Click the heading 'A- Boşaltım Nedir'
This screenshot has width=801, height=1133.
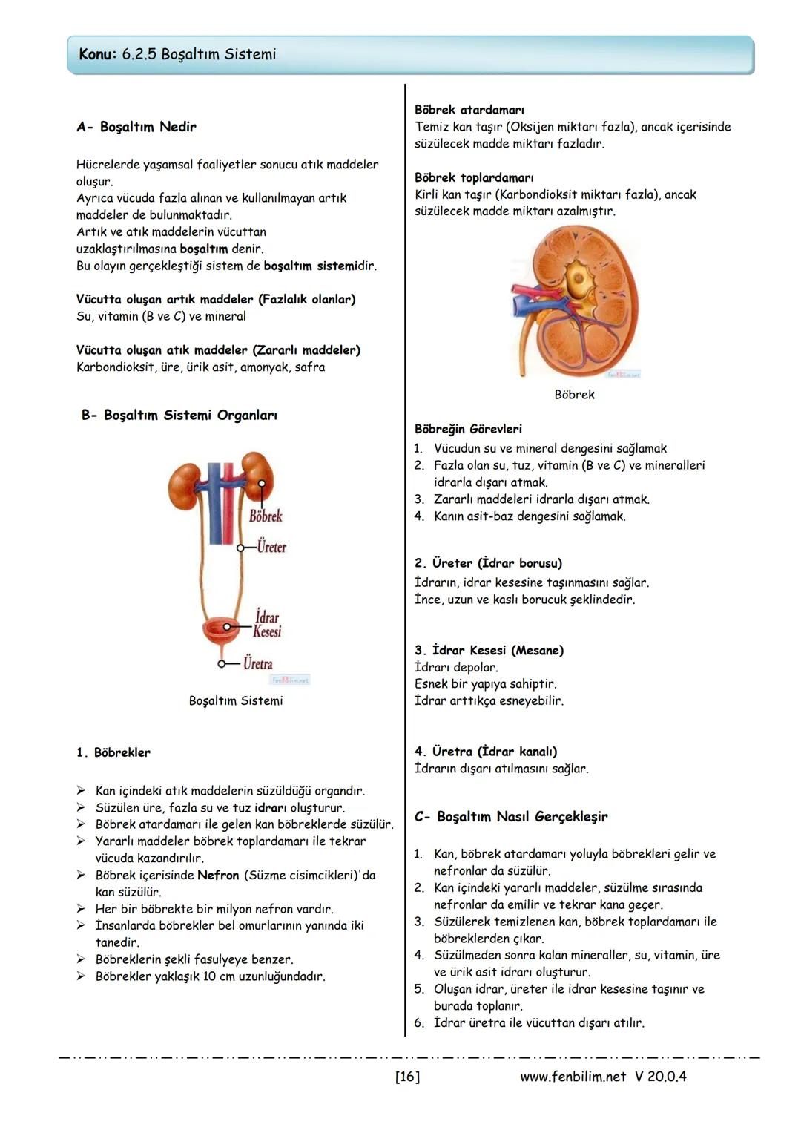(x=136, y=127)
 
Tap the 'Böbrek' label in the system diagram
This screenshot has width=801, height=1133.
(x=266, y=516)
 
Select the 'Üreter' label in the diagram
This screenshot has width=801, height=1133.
(x=271, y=548)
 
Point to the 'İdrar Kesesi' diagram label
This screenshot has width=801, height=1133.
(x=267, y=624)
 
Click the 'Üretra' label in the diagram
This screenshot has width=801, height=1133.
(x=258, y=664)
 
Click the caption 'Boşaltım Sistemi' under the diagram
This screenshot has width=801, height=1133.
(x=236, y=701)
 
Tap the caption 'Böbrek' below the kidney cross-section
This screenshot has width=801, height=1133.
(x=574, y=395)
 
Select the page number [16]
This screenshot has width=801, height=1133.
(x=407, y=1077)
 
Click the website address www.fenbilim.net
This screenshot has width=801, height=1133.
(x=573, y=1077)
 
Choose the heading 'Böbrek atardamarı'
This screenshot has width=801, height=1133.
(x=469, y=110)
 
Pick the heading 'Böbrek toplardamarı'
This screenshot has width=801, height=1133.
(x=474, y=178)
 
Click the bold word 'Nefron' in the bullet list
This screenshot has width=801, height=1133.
(x=218, y=876)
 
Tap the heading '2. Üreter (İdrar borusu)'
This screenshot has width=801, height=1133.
(x=488, y=563)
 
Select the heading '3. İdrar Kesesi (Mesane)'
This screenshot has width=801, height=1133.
(x=489, y=651)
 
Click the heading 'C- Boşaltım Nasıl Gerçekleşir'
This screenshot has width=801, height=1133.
(x=511, y=817)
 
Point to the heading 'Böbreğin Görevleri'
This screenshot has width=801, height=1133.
(x=468, y=429)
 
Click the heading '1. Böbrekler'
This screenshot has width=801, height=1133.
(x=113, y=752)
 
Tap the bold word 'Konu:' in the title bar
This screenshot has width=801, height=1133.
(x=98, y=54)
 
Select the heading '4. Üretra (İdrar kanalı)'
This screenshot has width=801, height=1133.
(x=486, y=752)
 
